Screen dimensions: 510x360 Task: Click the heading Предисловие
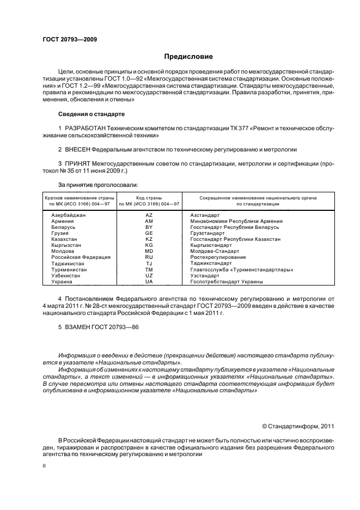pos(188,57)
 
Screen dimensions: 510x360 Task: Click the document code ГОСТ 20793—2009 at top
pos(70,39)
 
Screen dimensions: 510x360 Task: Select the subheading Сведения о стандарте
pos(91,114)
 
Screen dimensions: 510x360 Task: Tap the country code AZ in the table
pos(149,216)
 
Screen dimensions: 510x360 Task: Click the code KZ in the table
pos(149,239)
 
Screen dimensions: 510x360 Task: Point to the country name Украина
pos(61,281)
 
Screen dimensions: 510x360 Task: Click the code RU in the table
pos(149,257)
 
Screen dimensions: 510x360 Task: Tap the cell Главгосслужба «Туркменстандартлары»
pos(242,269)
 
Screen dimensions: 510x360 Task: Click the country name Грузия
pos(60,233)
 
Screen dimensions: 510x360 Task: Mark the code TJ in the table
pos(149,263)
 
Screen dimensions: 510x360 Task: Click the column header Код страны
pos(149,198)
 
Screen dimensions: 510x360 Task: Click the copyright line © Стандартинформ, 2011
pos(298,426)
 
